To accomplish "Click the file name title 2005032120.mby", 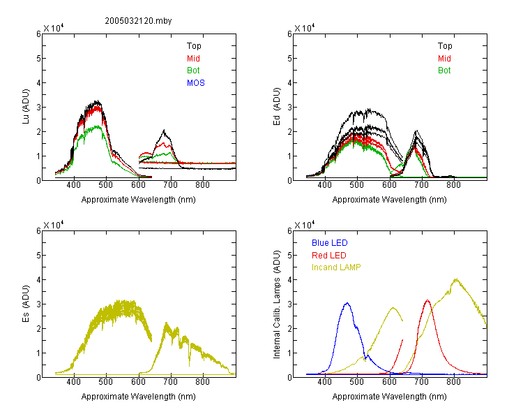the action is pos(138,21).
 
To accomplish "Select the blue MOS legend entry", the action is pos(196,83).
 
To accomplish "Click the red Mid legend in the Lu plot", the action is pos(193,59).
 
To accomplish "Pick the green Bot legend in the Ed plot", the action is pos(444,71).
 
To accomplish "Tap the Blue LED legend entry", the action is pos(330,243).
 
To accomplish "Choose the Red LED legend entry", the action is pos(329,256).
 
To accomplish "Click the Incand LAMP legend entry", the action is pos(336,267).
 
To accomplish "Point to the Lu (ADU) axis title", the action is pos(26,107).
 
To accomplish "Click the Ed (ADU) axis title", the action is pos(277,107).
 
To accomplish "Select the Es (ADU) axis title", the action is pos(26,304).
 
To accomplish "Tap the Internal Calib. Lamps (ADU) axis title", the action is pos(277,304).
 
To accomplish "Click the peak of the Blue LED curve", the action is pos(347,303).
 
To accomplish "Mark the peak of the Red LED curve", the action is pos(427,300).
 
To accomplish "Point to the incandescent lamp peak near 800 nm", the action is pos(455,279).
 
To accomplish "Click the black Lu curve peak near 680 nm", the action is pos(164,130).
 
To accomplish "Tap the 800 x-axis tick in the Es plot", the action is pos(202,381).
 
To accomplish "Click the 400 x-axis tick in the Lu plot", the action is pos(73,185).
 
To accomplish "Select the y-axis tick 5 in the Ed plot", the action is pos(290,59).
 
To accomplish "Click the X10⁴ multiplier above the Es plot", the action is pos(54,225).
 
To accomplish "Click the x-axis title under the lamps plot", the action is pos(389,397).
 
